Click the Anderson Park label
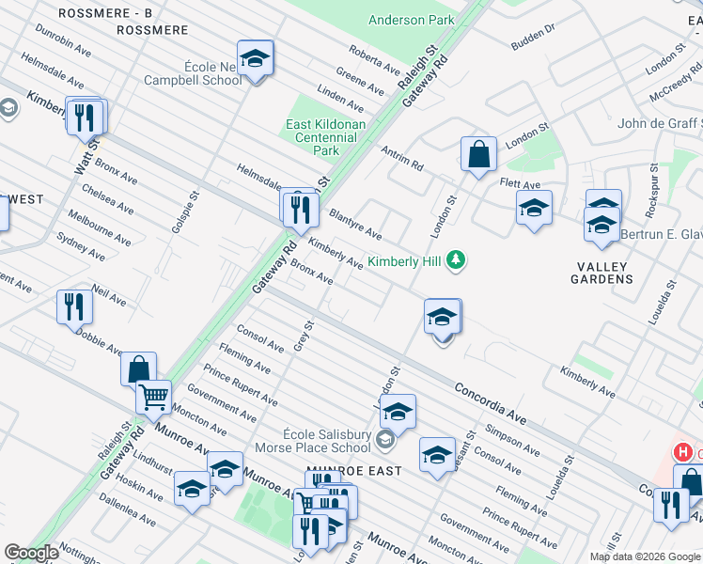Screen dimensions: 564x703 pyautogui.click(x=411, y=20)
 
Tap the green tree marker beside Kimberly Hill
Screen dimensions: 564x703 pyautogui.click(x=456, y=259)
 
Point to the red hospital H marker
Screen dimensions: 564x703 pyautogui.click(x=682, y=452)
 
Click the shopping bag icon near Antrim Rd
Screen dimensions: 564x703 pyautogui.click(x=478, y=154)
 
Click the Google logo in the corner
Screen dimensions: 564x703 pyautogui.click(x=31, y=553)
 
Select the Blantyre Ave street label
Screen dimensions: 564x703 pyautogui.click(x=354, y=225)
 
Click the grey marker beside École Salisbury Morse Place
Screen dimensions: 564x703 pyautogui.click(x=383, y=439)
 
